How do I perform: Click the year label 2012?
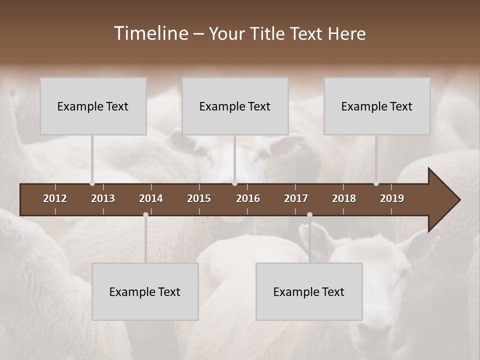pyautogui.click(x=55, y=198)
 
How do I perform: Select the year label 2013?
pyautogui.click(x=103, y=198)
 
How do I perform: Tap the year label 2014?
pyautogui.click(x=151, y=198)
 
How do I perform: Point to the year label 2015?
pyautogui.click(x=199, y=198)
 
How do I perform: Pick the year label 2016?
pyautogui.click(x=248, y=198)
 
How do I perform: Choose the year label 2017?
pyautogui.click(x=296, y=198)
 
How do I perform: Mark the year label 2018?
pyautogui.click(x=344, y=198)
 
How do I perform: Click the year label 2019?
pyautogui.click(x=392, y=198)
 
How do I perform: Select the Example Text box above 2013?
pyautogui.click(x=93, y=106)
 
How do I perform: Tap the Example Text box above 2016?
pyautogui.click(x=235, y=106)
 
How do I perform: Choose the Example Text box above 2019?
pyautogui.click(x=377, y=106)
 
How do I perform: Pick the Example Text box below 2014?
pyautogui.click(x=145, y=291)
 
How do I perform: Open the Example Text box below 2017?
pyautogui.click(x=309, y=291)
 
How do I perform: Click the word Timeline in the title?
pyautogui.click(x=150, y=33)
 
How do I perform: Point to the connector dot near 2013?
pyautogui.click(x=92, y=183)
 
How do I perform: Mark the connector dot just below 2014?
pyautogui.click(x=145, y=215)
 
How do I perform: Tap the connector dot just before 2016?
pyautogui.click(x=234, y=183)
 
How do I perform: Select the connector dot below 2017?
pyautogui.click(x=309, y=215)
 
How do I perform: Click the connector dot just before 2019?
pyautogui.click(x=376, y=183)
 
